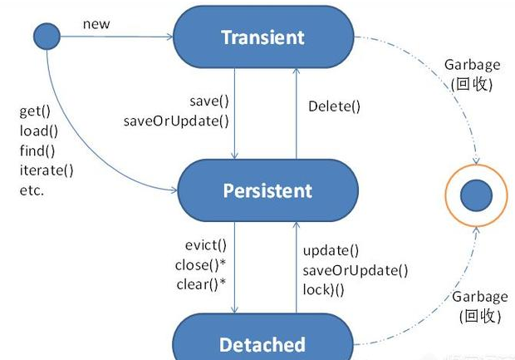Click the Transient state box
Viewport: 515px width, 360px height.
tap(262, 37)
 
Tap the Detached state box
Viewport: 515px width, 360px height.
tap(262, 343)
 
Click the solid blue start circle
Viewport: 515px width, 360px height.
tap(47, 36)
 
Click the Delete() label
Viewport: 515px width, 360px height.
tap(335, 106)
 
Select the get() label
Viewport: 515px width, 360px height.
tap(34, 111)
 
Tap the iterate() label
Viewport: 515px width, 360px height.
tap(46, 170)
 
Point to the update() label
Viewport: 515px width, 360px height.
tap(331, 250)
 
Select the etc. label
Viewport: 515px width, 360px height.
tap(31, 190)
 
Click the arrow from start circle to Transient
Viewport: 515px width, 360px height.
tap(116, 37)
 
